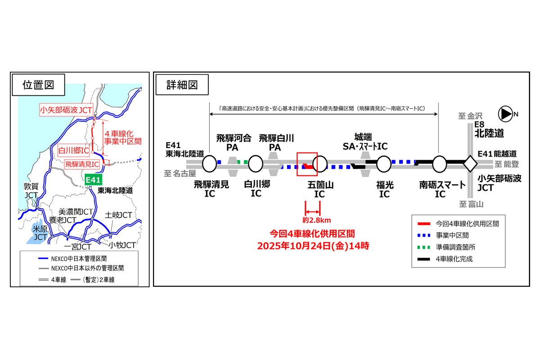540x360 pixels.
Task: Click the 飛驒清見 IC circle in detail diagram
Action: pos(209,164)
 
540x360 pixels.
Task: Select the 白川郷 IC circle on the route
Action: pos(256,164)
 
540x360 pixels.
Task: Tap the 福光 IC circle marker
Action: pos(384,164)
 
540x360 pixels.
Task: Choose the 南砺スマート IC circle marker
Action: pos(439,164)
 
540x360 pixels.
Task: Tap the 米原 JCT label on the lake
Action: pos(40,232)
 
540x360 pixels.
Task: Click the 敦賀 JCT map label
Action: pos(32,190)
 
